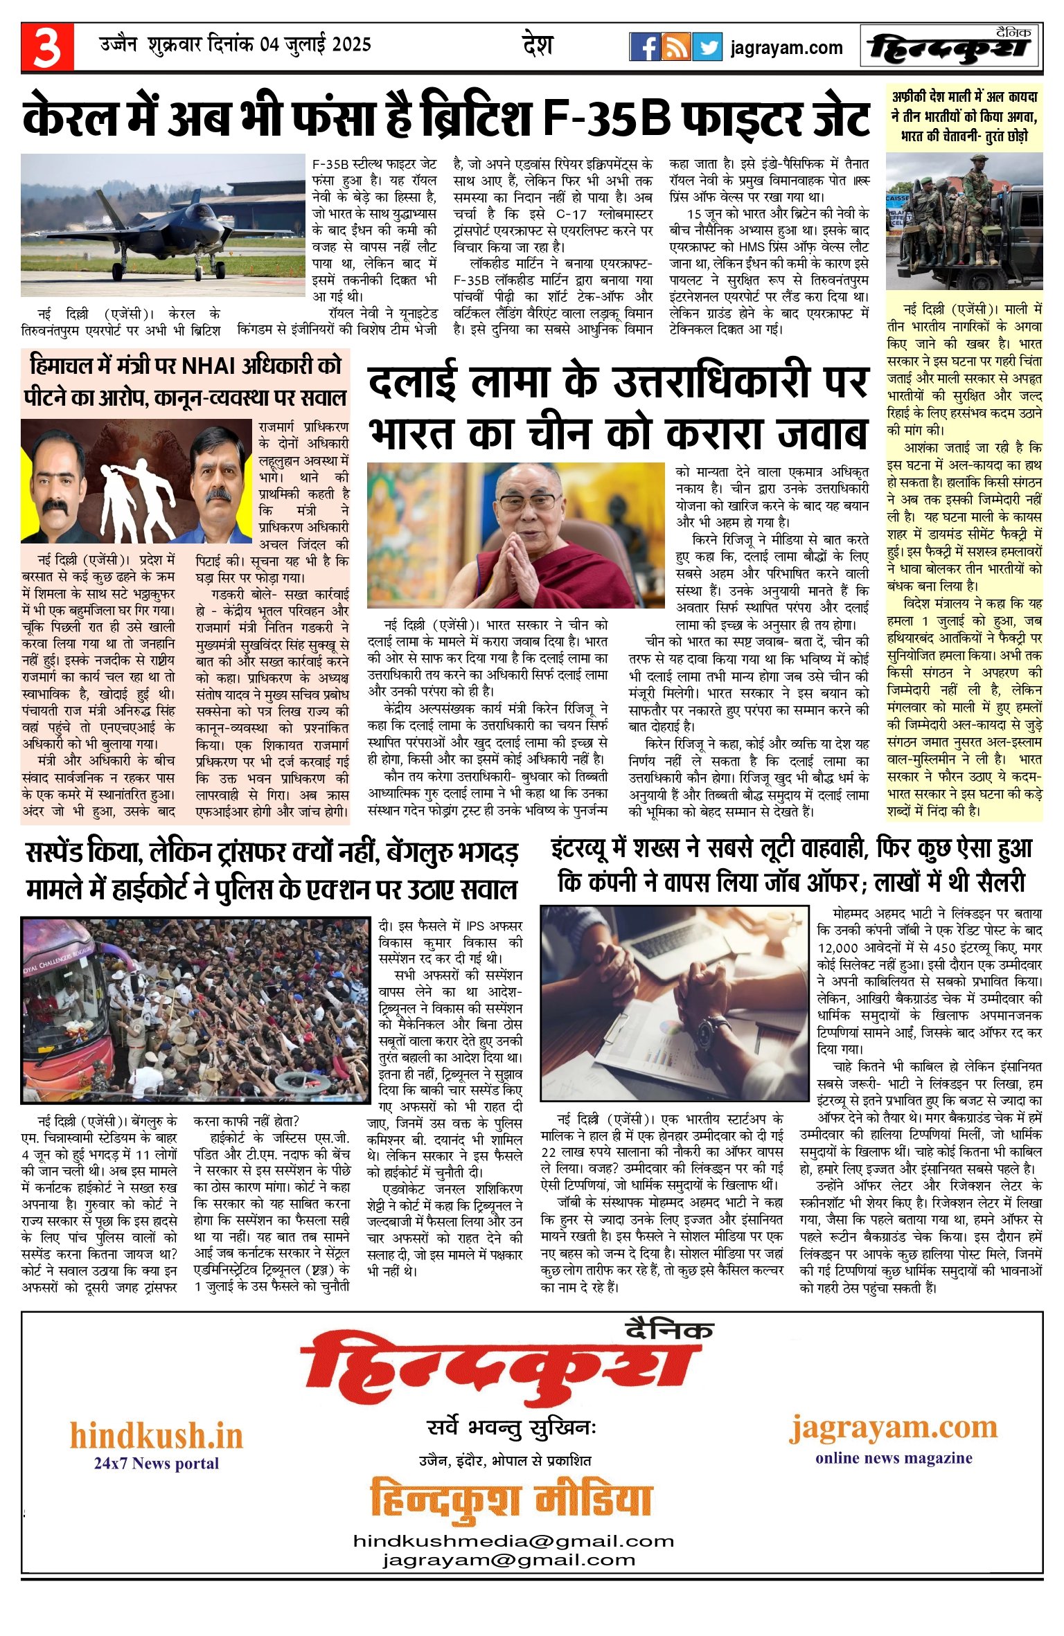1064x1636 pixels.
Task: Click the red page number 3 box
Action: (46, 46)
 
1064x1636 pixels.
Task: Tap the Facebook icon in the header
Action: (644, 47)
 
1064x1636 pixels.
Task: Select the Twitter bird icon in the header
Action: (707, 47)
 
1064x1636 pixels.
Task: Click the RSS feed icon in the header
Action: (675, 47)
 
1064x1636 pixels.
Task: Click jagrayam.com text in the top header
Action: (786, 48)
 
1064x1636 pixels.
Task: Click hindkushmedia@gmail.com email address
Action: (513, 1540)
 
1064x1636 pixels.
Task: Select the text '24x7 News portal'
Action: (157, 1463)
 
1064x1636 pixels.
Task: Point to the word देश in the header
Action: (538, 46)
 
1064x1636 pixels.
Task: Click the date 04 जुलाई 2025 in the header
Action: (316, 45)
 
